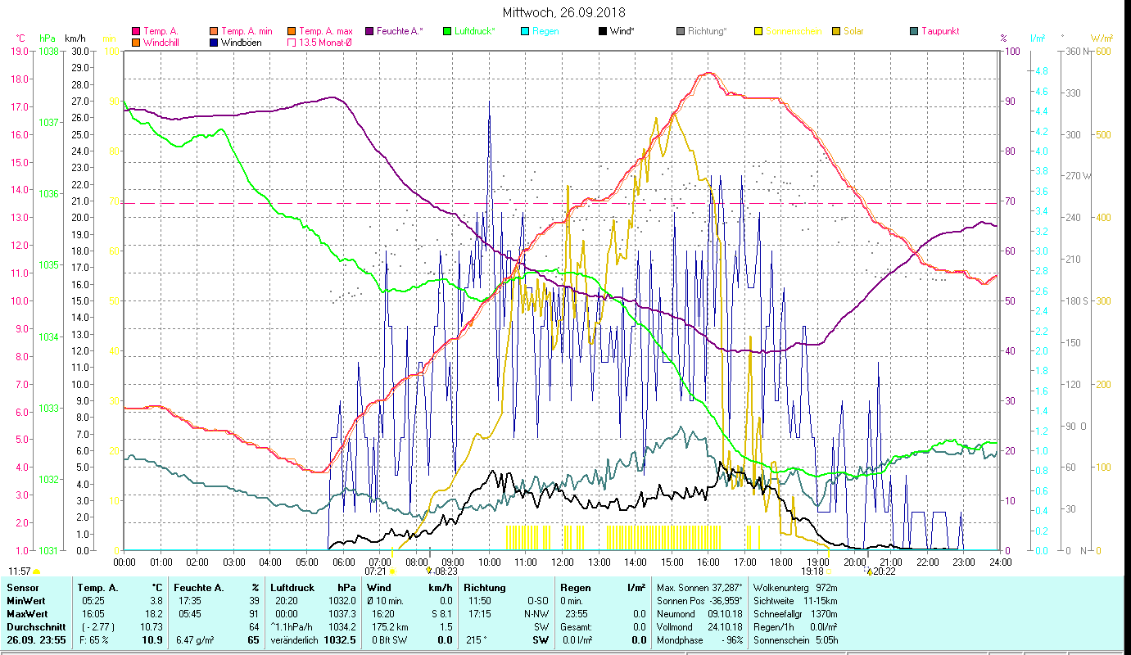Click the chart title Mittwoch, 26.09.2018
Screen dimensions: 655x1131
click(x=564, y=12)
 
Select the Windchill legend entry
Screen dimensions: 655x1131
click(x=161, y=42)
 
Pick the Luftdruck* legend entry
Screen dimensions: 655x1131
click(x=474, y=31)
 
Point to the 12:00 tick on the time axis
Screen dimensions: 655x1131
click(x=563, y=562)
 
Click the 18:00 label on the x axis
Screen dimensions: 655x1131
click(x=781, y=562)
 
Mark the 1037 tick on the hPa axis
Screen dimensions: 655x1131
click(x=48, y=123)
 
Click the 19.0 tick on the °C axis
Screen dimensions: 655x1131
click(x=20, y=51)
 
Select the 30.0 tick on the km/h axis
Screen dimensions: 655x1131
click(x=80, y=51)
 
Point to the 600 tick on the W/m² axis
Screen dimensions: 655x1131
click(x=1102, y=51)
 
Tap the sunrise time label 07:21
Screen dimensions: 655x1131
click(x=376, y=571)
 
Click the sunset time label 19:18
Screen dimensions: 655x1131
click(x=812, y=571)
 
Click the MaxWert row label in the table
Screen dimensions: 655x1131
click(x=26, y=613)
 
